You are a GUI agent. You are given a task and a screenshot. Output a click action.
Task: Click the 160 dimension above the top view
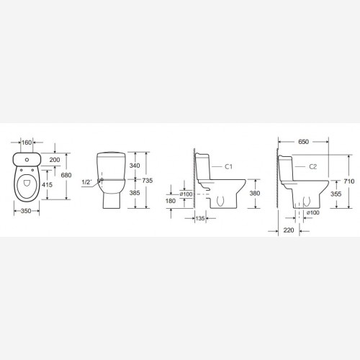pyautogui.click(x=27, y=143)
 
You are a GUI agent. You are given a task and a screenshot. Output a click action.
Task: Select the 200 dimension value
pyautogui.click(x=55, y=160)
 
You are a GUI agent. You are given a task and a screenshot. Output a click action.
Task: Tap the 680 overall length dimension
pyautogui.click(x=66, y=175)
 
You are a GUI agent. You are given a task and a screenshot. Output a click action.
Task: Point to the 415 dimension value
pyautogui.click(x=47, y=185)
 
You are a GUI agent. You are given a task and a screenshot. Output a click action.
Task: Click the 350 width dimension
pyautogui.click(x=26, y=211)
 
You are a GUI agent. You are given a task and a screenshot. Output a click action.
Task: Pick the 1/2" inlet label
pyautogui.click(x=86, y=182)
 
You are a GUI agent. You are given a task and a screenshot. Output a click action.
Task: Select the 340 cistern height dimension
pyautogui.click(x=135, y=166)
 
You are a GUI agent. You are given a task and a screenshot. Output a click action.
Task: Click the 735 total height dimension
pyautogui.click(x=147, y=181)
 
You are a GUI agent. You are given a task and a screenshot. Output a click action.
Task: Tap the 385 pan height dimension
pyautogui.click(x=135, y=193)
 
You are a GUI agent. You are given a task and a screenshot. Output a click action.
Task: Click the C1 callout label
pyautogui.click(x=228, y=166)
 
